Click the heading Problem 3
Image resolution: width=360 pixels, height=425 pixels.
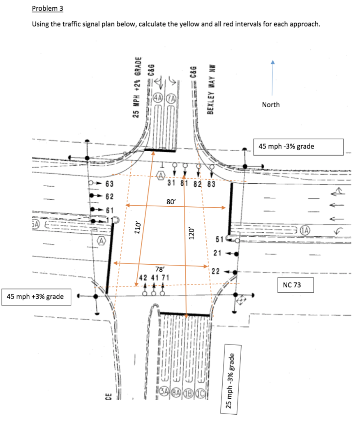pos(48,8)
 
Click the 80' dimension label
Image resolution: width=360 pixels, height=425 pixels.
pos(171,202)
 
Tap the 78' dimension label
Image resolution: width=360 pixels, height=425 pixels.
pos(160,269)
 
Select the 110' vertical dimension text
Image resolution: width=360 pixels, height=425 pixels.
pos(138,226)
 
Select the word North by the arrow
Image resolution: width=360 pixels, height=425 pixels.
pos(270,104)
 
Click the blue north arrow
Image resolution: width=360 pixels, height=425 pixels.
pos(271,78)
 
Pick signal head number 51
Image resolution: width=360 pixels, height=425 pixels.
pos(219,239)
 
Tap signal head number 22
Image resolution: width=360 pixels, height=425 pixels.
pos(219,271)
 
